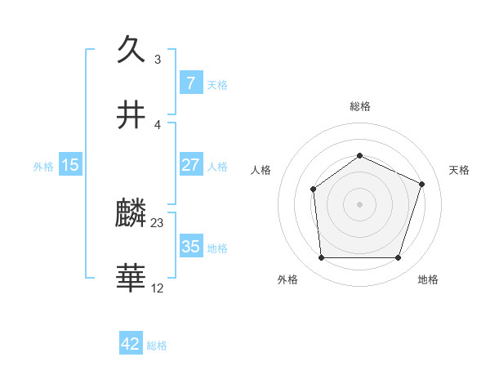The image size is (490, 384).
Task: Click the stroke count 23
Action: tap(158, 222)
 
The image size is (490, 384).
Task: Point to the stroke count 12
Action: tap(158, 288)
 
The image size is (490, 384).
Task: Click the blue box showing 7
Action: tap(190, 83)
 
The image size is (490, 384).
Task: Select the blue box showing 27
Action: tap(190, 165)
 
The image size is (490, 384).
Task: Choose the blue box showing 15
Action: tap(70, 165)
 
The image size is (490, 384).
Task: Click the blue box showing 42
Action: tap(131, 344)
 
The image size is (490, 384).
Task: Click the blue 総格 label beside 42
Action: tap(157, 346)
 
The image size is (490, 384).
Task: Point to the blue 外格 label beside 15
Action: tap(43, 166)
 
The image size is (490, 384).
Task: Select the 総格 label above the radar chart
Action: tap(360, 106)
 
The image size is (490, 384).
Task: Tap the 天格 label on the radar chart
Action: tap(460, 170)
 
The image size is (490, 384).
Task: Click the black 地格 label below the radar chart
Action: tap(428, 279)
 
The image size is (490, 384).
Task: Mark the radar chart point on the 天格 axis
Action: tap(422, 184)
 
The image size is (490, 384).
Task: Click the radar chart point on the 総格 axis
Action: tap(360, 155)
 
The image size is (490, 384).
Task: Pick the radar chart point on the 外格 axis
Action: tap(321, 258)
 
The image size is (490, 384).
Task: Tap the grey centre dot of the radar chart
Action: tap(360, 204)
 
